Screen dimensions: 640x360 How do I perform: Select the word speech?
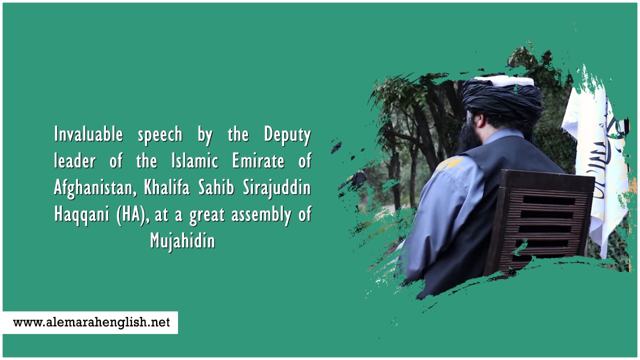160,135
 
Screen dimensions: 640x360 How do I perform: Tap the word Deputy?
287,135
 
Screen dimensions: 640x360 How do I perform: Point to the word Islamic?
195,160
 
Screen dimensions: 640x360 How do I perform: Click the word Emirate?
258,160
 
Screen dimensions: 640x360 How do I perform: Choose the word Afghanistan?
95,188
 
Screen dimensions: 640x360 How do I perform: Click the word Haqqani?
81,215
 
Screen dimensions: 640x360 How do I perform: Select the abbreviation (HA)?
133,215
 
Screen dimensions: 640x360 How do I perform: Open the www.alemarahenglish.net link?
91,322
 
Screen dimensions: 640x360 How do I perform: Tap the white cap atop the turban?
504,81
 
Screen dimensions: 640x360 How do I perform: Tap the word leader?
75,160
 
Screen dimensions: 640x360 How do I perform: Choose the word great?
207,215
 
